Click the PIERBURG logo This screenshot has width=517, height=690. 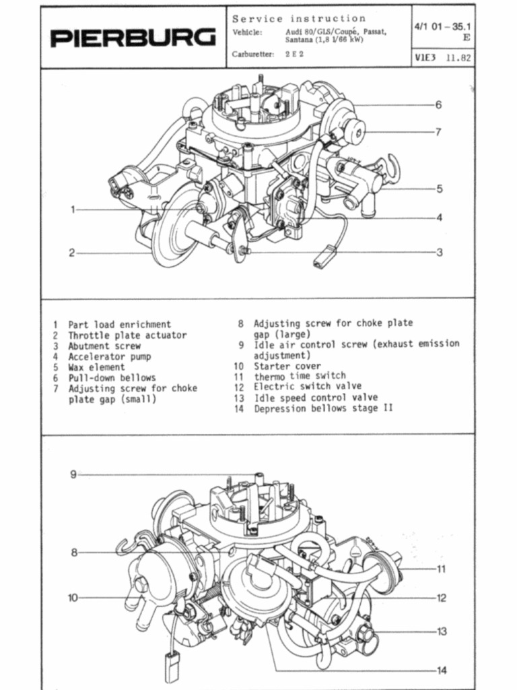(x=133, y=38)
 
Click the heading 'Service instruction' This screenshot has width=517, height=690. (x=299, y=18)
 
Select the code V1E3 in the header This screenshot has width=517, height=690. (x=425, y=58)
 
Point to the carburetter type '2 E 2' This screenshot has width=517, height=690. (x=294, y=54)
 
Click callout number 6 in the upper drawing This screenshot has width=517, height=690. (x=438, y=104)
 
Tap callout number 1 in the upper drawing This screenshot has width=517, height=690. (x=72, y=210)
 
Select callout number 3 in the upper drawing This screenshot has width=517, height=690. (x=438, y=253)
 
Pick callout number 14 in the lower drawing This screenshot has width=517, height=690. (x=441, y=670)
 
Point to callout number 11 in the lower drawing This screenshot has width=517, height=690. (x=441, y=569)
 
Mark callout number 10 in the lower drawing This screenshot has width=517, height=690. (x=73, y=597)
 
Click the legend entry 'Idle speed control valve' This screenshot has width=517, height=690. (x=315, y=398)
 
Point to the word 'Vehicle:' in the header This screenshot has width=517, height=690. (x=247, y=32)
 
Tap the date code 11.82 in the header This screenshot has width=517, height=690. (x=458, y=58)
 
